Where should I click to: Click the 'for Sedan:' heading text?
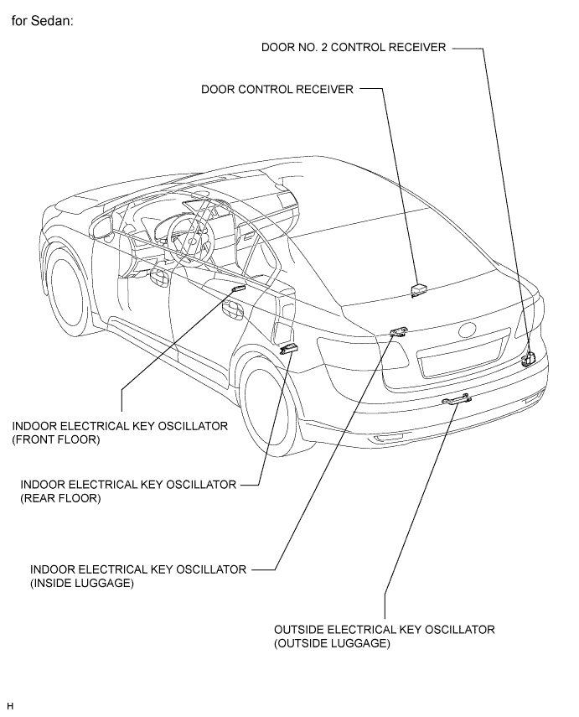coord(42,21)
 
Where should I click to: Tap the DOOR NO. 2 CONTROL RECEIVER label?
coord(354,48)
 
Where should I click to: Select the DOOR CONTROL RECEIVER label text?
coord(277,89)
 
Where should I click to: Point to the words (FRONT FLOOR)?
coord(56,440)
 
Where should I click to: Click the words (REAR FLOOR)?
coord(60,498)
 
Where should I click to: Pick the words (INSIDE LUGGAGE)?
coord(82,583)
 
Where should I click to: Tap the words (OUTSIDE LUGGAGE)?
coord(332,643)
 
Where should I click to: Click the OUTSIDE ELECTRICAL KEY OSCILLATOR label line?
coord(385,630)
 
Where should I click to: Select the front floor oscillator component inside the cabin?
coord(239,288)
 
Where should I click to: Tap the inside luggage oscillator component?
coord(398,330)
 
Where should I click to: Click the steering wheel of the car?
coord(191,238)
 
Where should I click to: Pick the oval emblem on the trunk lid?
coord(467,330)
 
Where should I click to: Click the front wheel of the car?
coord(69,291)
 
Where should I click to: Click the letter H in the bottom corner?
coord(11,706)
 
